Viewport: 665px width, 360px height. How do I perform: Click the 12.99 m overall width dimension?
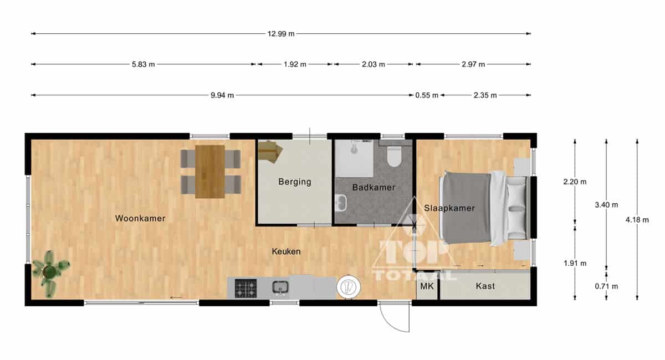281,34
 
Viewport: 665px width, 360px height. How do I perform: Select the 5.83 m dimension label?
144,64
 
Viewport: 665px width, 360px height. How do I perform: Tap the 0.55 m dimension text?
427,95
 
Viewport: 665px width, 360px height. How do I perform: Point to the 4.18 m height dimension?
637,220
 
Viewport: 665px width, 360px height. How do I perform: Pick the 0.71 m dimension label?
606,286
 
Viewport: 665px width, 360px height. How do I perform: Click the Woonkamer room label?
140,218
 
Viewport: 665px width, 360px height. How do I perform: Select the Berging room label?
295,182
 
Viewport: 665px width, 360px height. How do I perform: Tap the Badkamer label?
374,187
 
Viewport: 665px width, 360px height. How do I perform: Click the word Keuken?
286,251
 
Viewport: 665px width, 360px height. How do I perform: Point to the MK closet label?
427,286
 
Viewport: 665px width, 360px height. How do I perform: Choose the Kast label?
485,286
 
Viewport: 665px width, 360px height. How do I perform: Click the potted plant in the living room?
50,272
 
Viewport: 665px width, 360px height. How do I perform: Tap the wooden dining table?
209,172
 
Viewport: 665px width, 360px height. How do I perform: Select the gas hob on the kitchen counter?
245,288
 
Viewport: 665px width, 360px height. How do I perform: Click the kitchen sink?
280,287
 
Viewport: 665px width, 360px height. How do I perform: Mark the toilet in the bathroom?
394,156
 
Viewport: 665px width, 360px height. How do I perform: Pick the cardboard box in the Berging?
269,151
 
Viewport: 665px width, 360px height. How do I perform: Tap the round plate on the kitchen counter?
349,287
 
